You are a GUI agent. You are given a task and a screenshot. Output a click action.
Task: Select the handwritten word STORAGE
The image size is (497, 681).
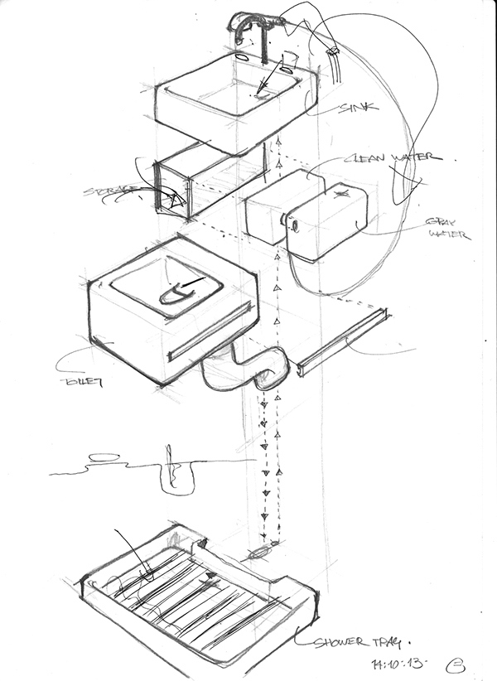coord(109,192)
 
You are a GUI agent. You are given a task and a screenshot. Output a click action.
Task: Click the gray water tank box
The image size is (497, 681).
coord(327,219)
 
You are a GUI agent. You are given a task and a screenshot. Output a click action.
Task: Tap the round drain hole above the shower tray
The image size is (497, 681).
coord(259,551)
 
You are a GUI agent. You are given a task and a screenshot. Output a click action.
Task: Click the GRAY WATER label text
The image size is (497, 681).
coord(447,228)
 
